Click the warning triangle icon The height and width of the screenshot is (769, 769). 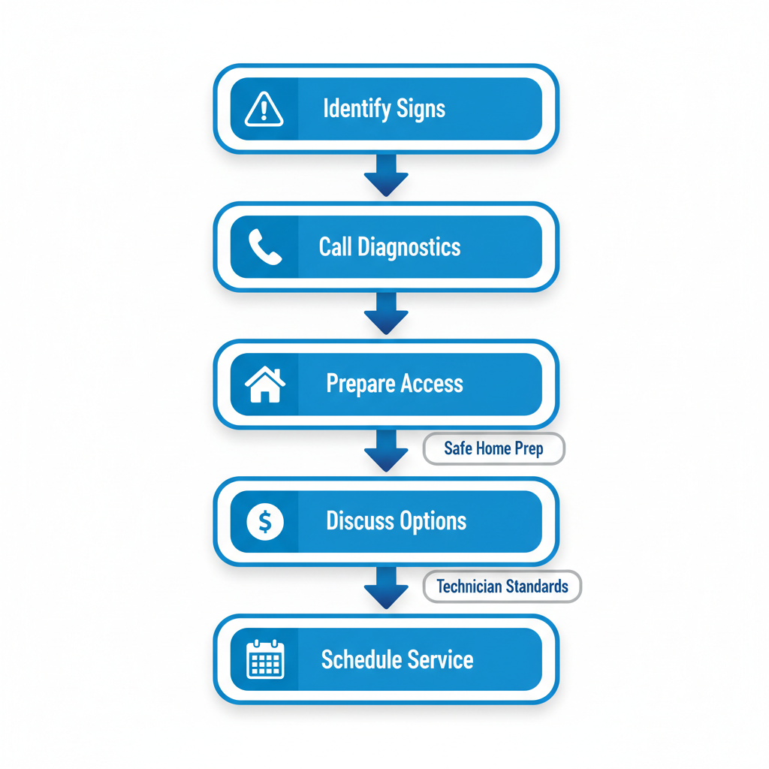tap(264, 110)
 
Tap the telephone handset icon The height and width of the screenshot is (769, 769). tap(264, 247)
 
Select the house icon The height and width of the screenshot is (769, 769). tap(264, 384)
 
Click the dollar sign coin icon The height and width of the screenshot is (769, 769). tap(264, 521)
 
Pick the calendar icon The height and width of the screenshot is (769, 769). tap(264, 659)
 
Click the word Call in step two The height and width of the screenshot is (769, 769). tap(335, 247)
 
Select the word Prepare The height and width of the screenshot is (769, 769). tap(360, 384)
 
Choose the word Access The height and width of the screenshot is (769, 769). tap(431, 384)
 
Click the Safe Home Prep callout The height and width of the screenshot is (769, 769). tap(493, 449)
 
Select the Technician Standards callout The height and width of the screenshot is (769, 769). tap(502, 586)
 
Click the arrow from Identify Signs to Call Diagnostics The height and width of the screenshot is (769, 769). tap(386, 176)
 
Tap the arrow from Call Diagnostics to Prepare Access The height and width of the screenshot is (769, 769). tap(386, 313)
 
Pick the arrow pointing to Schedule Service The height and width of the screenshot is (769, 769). tap(386, 588)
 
